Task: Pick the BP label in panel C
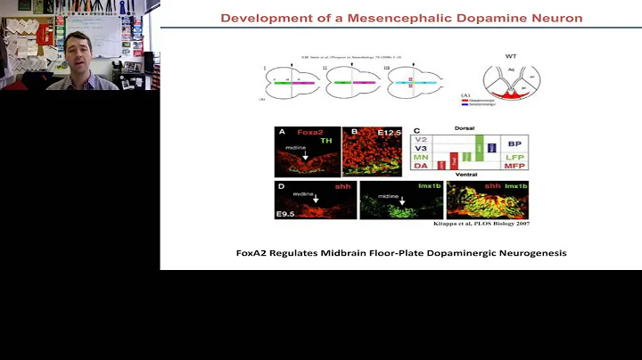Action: pos(514,143)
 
